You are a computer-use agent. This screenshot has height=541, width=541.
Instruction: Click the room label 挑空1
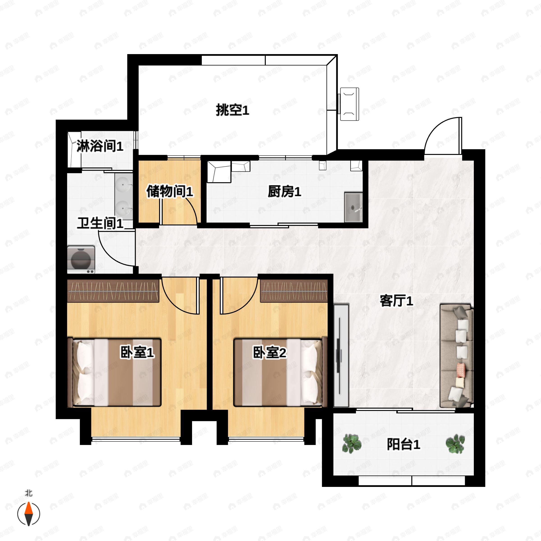pos(232,110)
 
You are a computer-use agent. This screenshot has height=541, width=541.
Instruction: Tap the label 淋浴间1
pos(100,146)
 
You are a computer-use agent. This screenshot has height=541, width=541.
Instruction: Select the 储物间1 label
pos(170,192)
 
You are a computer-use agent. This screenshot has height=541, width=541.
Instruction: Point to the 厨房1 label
pos(284,192)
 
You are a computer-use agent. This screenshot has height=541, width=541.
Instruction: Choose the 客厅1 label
pos(396,301)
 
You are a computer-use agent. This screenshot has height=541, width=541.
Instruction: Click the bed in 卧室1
pos(115,372)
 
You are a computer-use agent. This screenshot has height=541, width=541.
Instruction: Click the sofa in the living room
pos(456,356)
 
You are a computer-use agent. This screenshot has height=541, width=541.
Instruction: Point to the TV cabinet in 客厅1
pos(341,356)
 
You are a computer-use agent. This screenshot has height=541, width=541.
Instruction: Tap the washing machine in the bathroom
pos(81,260)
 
